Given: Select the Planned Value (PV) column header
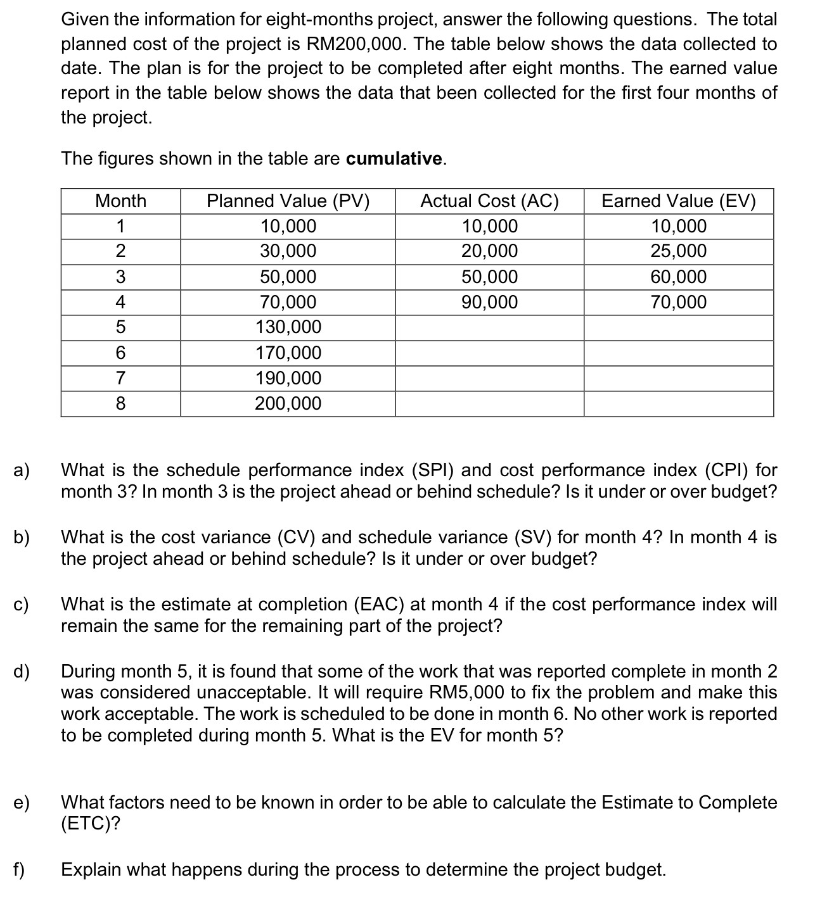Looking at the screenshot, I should pyautogui.click(x=288, y=201).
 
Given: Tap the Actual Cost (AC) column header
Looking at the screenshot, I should pyautogui.click(x=489, y=201).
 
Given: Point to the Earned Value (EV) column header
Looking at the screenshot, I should pyautogui.click(x=678, y=201).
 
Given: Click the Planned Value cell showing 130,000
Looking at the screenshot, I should pyautogui.click(x=288, y=327).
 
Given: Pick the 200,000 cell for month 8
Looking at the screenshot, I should pyautogui.click(x=288, y=403).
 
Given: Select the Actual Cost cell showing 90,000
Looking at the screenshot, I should pyautogui.click(x=489, y=302).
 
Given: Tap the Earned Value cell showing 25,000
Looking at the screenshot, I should pyautogui.click(x=678, y=251).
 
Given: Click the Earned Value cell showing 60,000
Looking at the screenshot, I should pyautogui.click(x=678, y=277).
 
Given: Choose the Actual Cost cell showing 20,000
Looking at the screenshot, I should pyautogui.click(x=489, y=251).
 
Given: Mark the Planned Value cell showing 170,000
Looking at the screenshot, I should pyautogui.click(x=288, y=353).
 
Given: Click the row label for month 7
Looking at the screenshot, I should pyautogui.click(x=120, y=378).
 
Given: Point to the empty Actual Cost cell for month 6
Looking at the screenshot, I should pyautogui.click(x=489, y=353).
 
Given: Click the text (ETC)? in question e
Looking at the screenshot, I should pyautogui.click(x=91, y=824).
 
